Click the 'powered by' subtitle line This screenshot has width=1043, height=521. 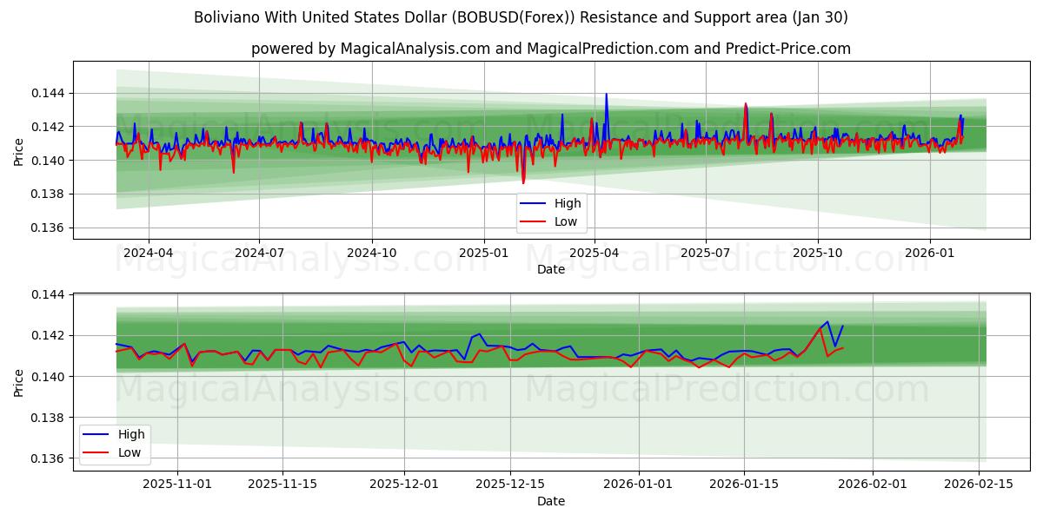coord(551,49)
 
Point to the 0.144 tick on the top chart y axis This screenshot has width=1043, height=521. coord(49,93)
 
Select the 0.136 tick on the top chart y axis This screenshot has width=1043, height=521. coord(49,228)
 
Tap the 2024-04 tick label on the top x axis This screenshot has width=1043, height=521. coord(149,253)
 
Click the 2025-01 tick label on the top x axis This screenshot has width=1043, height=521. coord(483,253)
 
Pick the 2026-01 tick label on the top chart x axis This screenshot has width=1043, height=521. coord(930,253)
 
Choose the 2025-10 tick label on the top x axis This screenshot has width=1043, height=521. coord(817,253)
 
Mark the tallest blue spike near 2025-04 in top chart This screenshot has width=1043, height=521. coord(606,95)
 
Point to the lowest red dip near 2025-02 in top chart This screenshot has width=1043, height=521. coord(522,182)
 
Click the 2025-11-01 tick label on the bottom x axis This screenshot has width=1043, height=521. coord(177,484)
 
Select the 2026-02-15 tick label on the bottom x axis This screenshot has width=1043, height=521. coord(979,484)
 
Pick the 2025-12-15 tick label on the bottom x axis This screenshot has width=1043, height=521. coord(513,484)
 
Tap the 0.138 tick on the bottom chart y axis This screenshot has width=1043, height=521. coord(49,418)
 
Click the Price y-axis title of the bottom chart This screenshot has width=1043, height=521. coord(19,382)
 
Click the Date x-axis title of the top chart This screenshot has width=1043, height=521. coord(551,270)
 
